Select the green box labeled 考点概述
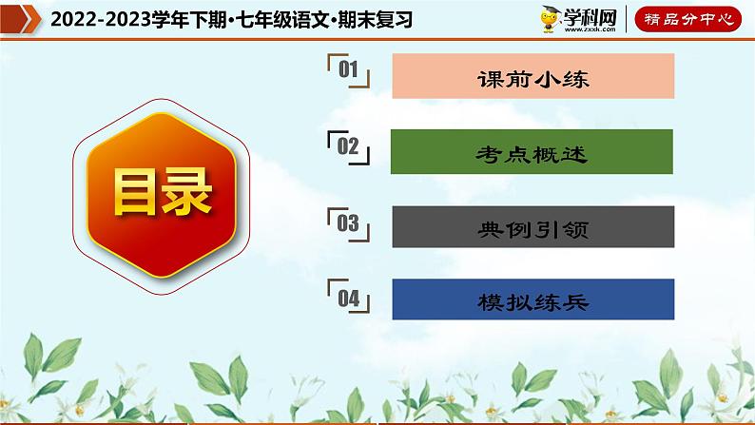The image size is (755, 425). [532, 153]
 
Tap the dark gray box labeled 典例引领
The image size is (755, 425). [532, 228]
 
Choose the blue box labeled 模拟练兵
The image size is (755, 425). [532, 301]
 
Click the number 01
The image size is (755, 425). [347, 70]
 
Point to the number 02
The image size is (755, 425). [347, 145]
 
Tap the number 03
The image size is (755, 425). [347, 223]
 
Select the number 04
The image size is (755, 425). [347, 298]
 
